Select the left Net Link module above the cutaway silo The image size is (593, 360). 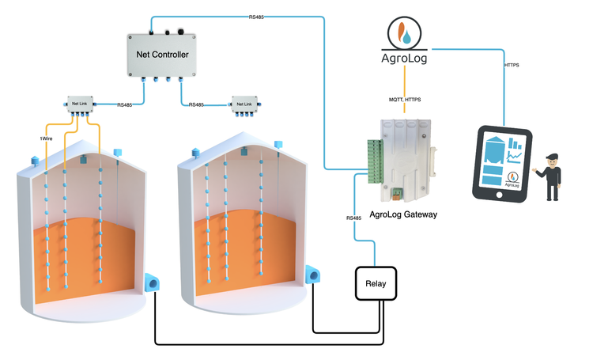[78, 104]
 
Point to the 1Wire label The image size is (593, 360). [47, 139]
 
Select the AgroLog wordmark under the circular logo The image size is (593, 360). [404, 59]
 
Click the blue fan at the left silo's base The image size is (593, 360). [154, 282]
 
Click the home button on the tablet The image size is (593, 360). [499, 195]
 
